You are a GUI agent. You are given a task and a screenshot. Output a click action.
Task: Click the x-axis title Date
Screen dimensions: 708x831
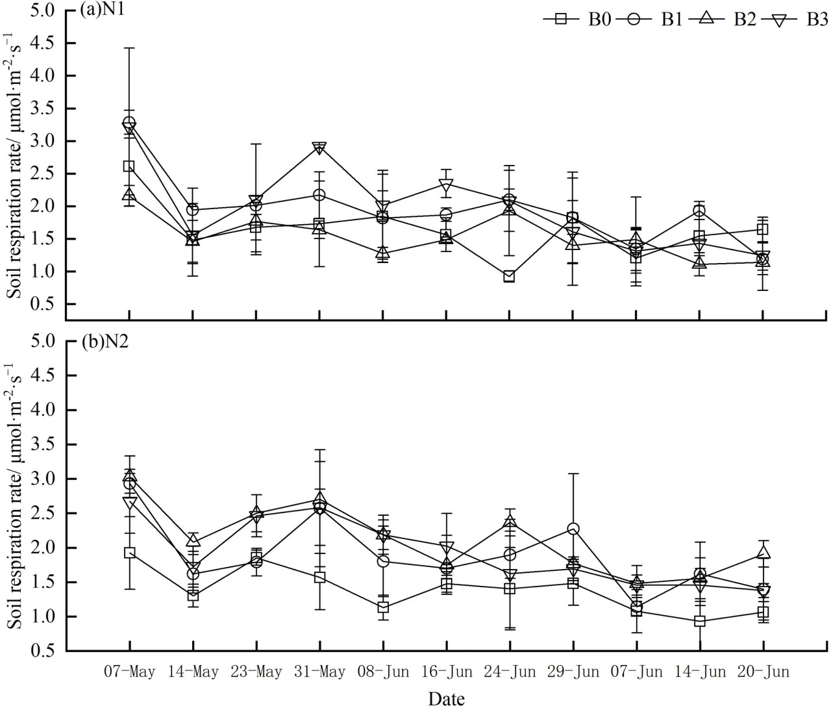click(447, 698)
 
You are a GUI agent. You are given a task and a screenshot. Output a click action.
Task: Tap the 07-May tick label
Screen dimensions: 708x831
click(130, 671)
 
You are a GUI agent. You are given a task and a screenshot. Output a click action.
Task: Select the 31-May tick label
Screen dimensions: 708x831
click(319, 671)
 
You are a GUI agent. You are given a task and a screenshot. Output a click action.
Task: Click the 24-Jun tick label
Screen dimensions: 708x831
click(510, 671)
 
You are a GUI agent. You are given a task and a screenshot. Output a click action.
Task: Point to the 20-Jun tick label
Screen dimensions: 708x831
click(763, 671)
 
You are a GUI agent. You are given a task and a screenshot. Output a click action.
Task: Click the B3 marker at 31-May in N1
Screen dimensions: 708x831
click(319, 147)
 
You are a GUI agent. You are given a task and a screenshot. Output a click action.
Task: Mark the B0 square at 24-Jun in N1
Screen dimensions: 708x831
click(510, 277)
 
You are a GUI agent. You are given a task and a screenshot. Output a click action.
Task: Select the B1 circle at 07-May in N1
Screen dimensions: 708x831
click(129, 122)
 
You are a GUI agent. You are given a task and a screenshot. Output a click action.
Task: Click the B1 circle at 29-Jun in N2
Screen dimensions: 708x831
click(573, 529)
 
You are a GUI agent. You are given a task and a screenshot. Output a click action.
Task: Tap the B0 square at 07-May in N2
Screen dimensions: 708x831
click(129, 553)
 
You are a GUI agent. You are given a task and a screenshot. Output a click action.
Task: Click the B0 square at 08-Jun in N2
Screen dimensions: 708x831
click(383, 607)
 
